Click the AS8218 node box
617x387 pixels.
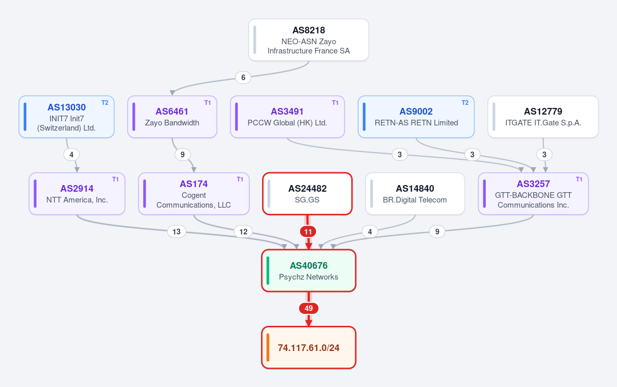point(309,40)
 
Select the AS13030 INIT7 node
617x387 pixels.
point(66,117)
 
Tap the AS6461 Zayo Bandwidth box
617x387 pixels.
point(172,117)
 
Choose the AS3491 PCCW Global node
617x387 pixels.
point(287,117)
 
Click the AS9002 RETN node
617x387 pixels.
point(416,117)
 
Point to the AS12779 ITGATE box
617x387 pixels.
point(543,117)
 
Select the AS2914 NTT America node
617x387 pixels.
point(77,194)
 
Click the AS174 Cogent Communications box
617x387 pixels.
point(193,194)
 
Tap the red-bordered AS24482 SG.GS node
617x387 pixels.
point(307,194)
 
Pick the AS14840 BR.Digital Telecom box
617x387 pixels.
point(415,194)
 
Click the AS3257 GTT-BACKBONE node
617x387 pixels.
point(533,194)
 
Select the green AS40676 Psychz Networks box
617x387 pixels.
point(309,271)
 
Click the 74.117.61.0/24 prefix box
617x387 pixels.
point(309,348)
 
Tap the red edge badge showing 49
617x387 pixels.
point(309,308)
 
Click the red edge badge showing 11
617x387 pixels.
point(308,231)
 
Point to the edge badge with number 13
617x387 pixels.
point(177,231)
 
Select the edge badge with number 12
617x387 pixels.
point(243,231)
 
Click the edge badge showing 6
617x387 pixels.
point(243,78)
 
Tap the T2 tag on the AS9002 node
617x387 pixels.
point(465,103)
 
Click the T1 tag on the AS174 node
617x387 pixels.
point(240,179)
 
